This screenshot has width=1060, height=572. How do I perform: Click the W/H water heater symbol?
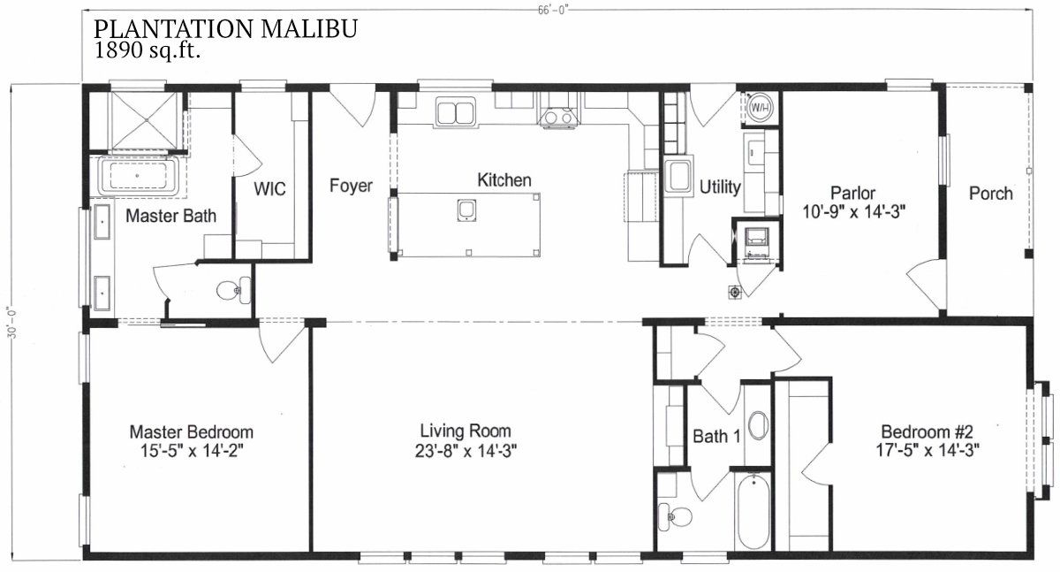761,108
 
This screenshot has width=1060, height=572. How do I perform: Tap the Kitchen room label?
504,180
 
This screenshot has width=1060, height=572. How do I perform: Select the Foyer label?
351,185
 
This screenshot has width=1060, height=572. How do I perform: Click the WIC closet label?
269,188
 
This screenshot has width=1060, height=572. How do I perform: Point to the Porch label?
991,194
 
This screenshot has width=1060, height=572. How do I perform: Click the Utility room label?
720,187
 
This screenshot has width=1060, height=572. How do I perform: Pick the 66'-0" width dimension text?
552,11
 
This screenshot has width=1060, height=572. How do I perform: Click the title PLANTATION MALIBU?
225,28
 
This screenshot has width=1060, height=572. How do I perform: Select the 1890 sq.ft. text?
147,50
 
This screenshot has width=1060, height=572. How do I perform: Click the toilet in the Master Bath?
234,290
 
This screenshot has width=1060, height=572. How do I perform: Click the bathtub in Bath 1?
753,512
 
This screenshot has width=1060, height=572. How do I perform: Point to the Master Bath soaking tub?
138,176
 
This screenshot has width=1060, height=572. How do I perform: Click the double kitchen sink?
455,112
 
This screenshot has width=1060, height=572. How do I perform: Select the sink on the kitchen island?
466,210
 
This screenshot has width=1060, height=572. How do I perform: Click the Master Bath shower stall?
146,121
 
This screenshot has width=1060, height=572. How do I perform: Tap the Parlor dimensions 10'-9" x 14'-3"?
853,212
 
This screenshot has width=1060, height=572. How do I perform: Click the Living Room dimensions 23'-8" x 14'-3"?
466,451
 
